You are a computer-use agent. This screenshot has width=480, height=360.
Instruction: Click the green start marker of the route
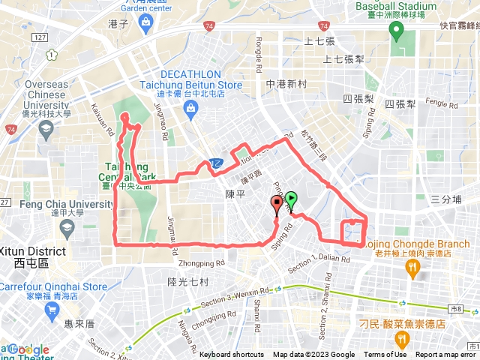click(291, 200)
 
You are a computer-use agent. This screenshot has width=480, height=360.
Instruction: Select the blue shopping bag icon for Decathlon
click(191, 108)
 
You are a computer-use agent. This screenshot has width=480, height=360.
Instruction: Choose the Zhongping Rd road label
click(202, 263)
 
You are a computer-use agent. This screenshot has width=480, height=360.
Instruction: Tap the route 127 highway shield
click(40, 37)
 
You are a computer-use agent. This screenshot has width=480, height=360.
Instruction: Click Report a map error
click(447, 355)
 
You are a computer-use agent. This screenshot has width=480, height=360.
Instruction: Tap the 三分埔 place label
click(446, 199)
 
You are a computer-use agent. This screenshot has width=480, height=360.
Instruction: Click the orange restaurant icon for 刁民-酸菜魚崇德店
click(403, 340)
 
